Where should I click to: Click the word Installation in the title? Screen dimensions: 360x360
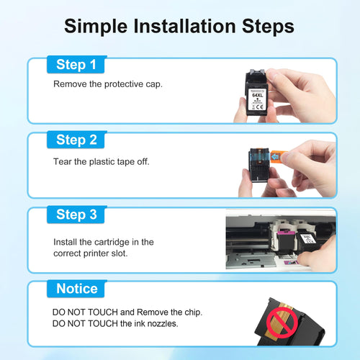pos(184,26)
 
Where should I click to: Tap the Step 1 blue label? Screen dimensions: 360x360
pos(76,65)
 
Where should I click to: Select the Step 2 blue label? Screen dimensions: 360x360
pos(76,140)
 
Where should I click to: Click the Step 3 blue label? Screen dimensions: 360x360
pos(76,215)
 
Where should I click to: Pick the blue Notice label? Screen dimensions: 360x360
pos(76,289)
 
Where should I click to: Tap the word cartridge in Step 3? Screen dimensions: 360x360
pos(112,242)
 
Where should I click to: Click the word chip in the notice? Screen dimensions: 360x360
pos(193,312)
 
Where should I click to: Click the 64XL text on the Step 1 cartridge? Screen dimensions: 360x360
pos(258,95)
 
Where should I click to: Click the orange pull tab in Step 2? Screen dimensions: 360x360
pos(279,157)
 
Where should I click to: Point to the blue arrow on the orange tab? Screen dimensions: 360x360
pos(275,157)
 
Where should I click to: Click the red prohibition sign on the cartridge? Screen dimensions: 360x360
pos(282,323)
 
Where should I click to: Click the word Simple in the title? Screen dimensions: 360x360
pos(96,27)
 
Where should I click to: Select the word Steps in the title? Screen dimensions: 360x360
pos(268,27)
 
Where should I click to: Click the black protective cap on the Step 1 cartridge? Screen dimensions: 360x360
pos(256,76)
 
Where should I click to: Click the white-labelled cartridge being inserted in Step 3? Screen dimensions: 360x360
pos(308,241)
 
